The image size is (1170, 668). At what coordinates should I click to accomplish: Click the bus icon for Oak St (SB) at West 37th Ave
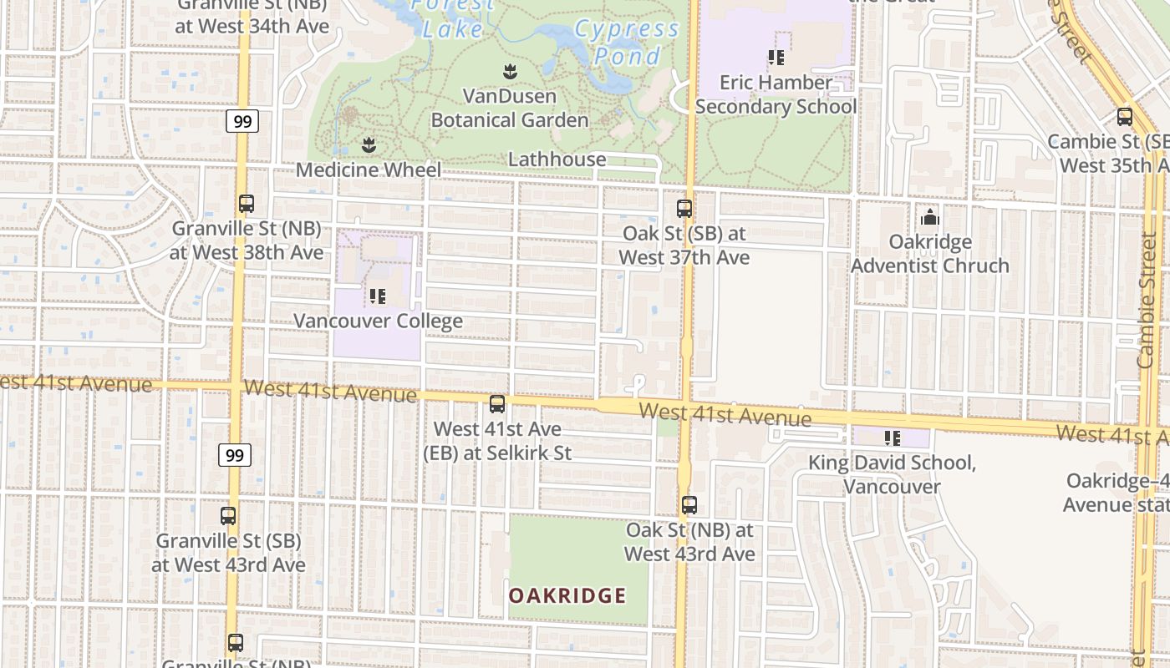684,209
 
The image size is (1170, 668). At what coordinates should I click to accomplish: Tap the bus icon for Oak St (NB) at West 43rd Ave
689,505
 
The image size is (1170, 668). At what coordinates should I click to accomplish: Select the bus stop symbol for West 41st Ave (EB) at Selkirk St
497,404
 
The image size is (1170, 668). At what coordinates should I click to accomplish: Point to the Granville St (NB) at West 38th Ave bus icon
247,204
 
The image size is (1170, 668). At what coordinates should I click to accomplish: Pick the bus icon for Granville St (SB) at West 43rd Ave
228,516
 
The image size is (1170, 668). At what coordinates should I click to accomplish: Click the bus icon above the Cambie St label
1125,117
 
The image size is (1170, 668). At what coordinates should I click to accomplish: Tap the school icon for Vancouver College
378,296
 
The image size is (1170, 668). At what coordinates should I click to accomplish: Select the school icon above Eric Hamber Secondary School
776,58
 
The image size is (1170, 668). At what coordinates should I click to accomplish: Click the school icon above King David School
892,438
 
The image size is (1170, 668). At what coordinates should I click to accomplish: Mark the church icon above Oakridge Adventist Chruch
930,218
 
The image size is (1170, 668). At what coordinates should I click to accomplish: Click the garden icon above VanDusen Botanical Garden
509,72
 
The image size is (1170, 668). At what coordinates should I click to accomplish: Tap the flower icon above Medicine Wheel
369,145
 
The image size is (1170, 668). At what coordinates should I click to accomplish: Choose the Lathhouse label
557,159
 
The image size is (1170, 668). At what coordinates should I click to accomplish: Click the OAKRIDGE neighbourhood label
567,595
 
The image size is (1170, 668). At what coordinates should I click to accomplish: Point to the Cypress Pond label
627,43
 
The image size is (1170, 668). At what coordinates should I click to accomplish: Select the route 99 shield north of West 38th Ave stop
242,121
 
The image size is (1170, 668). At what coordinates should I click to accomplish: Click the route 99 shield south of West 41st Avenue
235,455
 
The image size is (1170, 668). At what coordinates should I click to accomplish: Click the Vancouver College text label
378,321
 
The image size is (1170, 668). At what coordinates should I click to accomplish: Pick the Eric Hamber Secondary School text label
776,94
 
